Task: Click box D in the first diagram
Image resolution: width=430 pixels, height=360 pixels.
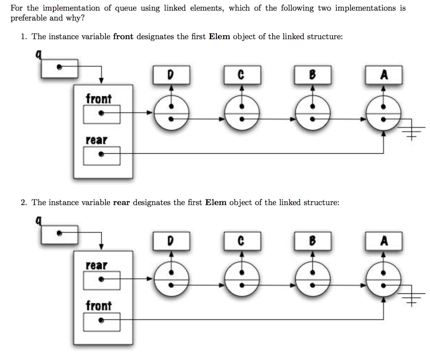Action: [x=170, y=75]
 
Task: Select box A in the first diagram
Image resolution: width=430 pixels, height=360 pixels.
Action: [x=383, y=75]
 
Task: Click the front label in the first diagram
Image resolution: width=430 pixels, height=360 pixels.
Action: [x=99, y=99]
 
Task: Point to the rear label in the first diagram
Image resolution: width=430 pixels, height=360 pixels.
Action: [x=97, y=140]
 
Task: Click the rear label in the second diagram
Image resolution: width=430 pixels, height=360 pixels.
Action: [x=97, y=265]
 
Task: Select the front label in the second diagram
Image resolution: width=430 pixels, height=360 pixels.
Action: [x=99, y=305]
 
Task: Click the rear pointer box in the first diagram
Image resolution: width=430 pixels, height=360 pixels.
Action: [x=102, y=155]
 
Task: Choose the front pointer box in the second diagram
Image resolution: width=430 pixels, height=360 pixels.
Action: [x=102, y=322]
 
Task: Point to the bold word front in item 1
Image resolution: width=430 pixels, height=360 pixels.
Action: [x=123, y=37]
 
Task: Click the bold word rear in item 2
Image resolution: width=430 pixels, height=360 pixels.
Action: [x=121, y=202]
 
